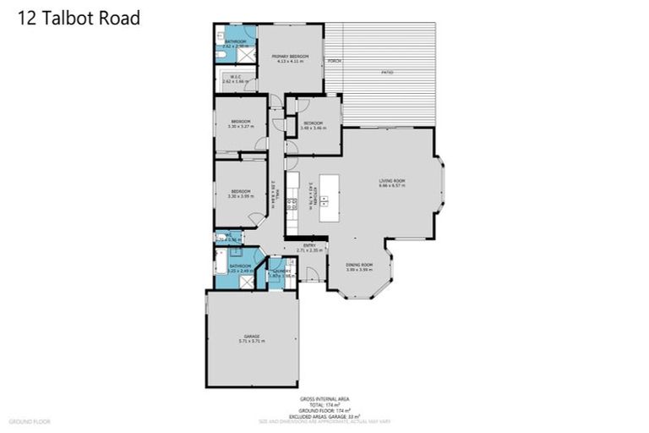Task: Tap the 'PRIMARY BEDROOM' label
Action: point(290,57)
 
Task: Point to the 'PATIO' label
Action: point(387,73)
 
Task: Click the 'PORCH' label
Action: point(335,62)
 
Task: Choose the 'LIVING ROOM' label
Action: point(392,180)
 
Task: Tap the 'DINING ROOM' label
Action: point(359,266)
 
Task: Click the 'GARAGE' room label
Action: point(251,336)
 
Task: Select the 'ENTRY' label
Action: point(310,246)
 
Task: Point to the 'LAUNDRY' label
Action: point(281,271)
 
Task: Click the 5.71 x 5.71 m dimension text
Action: point(251,341)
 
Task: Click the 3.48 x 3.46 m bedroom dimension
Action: point(314,129)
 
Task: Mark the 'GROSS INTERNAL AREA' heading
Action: point(324,398)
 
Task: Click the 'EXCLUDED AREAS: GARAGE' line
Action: point(324,416)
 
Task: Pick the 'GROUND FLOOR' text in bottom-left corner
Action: point(30,420)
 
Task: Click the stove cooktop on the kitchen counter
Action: point(292,202)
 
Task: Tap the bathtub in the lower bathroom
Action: point(221,267)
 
